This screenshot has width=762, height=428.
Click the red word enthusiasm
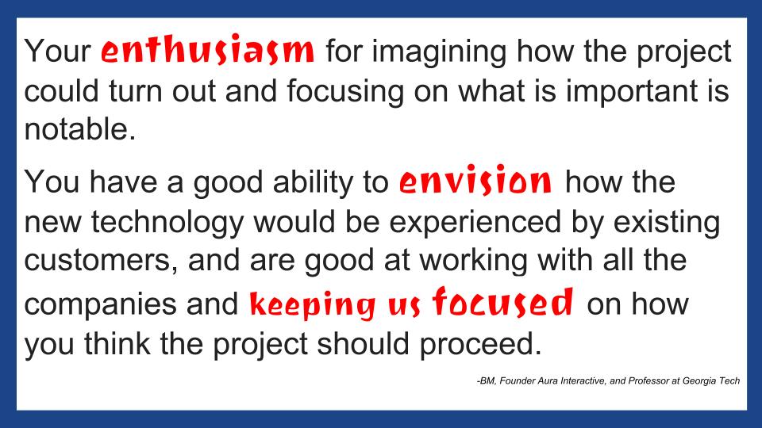pos(207,50)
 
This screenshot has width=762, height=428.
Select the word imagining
pos(439,52)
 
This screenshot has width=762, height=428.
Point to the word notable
pos(80,129)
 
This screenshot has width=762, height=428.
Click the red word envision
pos(475,180)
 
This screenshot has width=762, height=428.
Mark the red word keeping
pos(313,304)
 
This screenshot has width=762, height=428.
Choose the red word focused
pos(503,301)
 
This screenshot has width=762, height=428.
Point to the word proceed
pos(480,345)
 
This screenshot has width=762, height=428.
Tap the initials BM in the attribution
pos(487,381)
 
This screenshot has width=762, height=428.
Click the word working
pos(474,261)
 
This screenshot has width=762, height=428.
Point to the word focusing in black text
pos(345,92)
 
